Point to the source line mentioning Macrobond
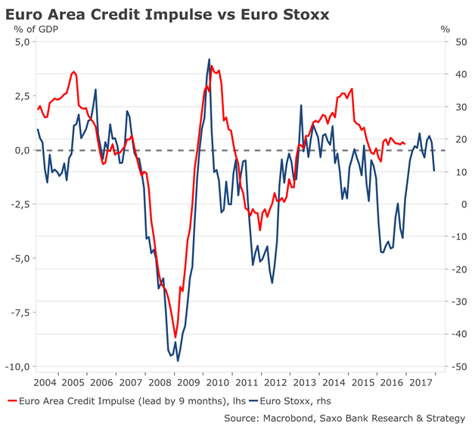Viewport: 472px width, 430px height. point(344,417)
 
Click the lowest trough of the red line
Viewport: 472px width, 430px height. point(175,337)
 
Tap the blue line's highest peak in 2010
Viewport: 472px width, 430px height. point(210,59)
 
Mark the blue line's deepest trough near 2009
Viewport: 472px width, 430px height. point(178,360)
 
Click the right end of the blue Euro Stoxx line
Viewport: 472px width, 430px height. point(434,171)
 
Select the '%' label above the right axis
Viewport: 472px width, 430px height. point(446,30)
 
